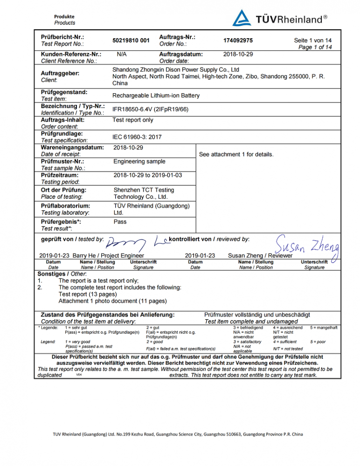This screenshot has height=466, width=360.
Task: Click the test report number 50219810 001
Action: click(x=131, y=41)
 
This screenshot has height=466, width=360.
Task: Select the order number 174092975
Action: click(x=238, y=41)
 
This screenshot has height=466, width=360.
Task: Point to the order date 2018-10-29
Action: click(x=238, y=55)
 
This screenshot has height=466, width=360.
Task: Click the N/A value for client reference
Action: click(x=122, y=55)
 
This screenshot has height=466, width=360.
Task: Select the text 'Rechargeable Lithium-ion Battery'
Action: click(x=156, y=96)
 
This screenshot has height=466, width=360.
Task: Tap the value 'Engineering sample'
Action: click(x=139, y=161)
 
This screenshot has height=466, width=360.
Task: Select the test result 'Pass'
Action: click(x=120, y=222)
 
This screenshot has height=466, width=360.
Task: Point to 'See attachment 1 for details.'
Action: click(x=236, y=154)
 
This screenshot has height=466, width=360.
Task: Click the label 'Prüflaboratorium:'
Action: click(x=66, y=206)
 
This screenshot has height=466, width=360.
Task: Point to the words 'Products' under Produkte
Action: click(x=64, y=23)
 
